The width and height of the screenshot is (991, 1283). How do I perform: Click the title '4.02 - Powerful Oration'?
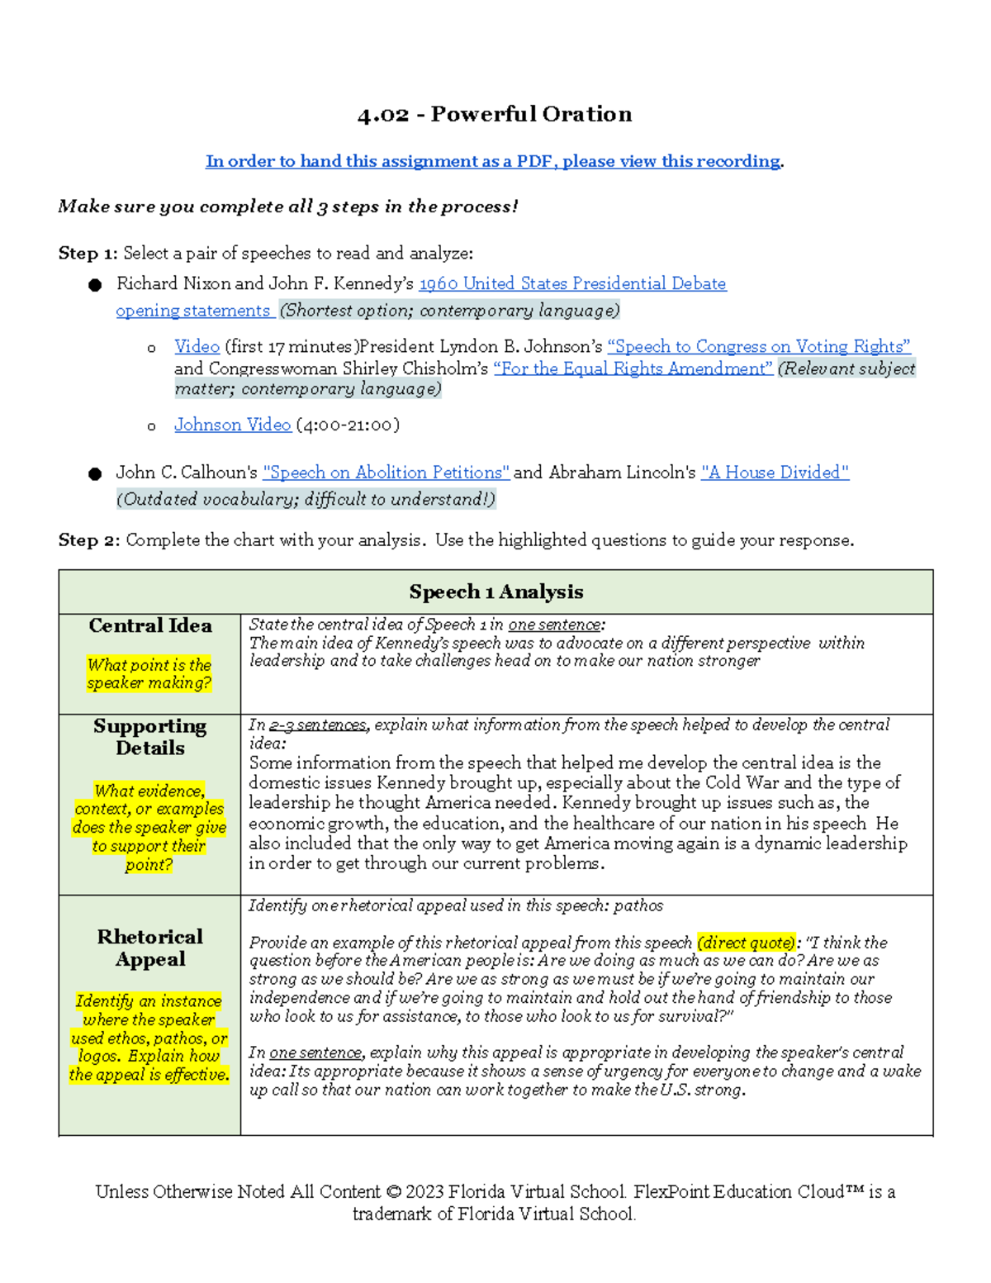click(x=495, y=114)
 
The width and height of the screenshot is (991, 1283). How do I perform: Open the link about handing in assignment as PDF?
click(x=493, y=161)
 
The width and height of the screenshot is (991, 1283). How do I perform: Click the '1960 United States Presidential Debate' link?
click(x=572, y=283)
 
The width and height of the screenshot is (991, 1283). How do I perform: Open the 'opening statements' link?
click(x=193, y=311)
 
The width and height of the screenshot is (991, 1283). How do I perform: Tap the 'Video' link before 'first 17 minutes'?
click(x=197, y=347)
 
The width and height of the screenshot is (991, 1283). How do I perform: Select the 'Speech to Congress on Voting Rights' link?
click(x=758, y=347)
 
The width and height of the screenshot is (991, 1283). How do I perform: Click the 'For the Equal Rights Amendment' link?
click(x=633, y=368)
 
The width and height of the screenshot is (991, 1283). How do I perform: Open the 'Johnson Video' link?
click(x=232, y=425)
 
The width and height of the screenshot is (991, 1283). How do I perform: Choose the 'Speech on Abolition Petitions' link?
click(x=386, y=473)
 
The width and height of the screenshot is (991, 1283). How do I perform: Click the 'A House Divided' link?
click(x=775, y=473)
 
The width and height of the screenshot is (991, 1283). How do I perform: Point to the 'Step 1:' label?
click(x=88, y=254)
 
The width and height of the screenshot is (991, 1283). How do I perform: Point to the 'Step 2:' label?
click(x=88, y=540)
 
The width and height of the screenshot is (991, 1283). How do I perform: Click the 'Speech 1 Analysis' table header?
click(x=495, y=592)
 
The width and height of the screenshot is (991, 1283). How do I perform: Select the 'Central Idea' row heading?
click(x=150, y=626)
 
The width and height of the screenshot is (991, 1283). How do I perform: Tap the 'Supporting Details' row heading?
click(x=150, y=737)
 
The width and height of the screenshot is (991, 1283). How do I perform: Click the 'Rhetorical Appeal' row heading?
click(x=150, y=948)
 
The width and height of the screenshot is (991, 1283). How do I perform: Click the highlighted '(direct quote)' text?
click(x=747, y=943)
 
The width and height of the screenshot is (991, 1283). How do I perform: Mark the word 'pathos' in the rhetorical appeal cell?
click(x=638, y=905)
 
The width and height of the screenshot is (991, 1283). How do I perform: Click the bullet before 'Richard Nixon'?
click(x=95, y=285)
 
